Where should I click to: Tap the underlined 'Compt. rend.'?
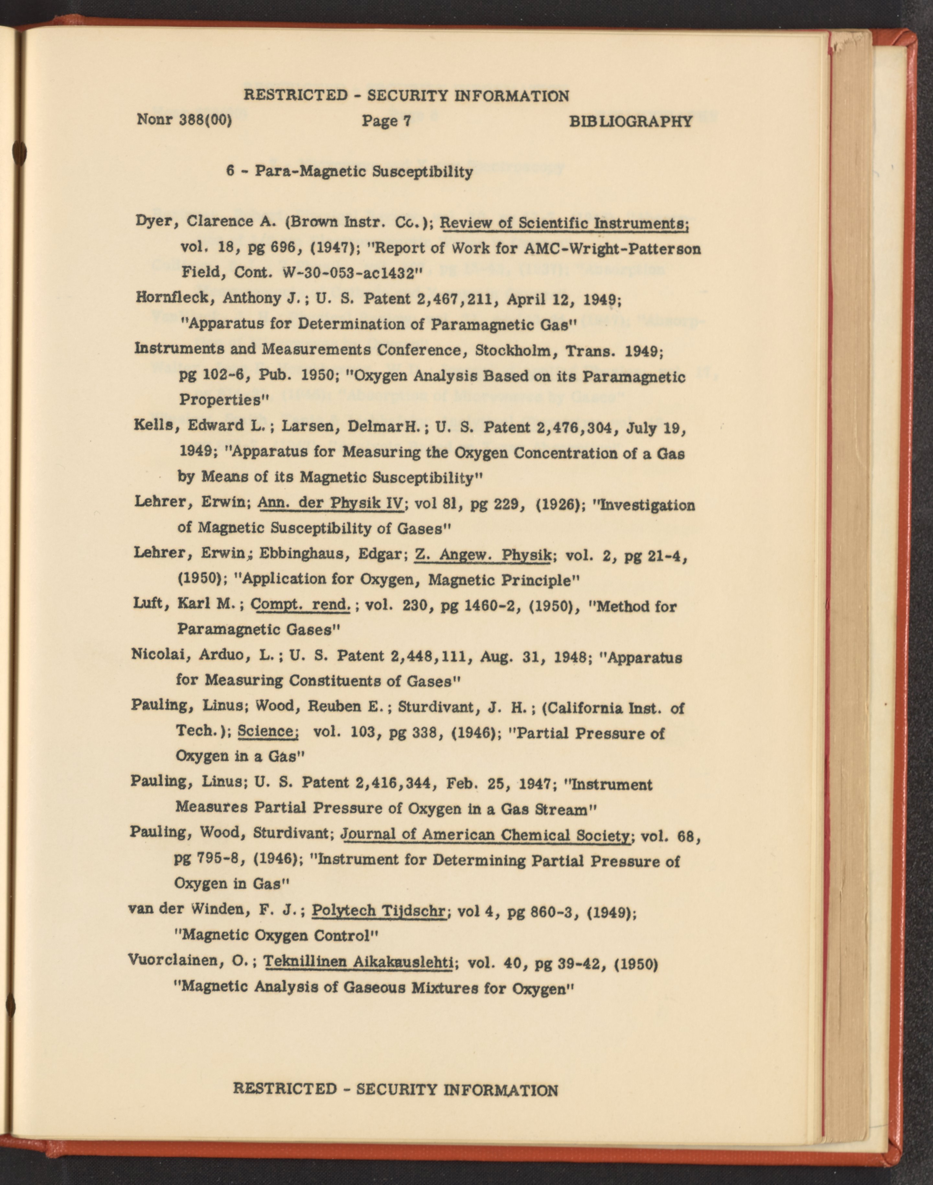pyautogui.click(x=300, y=605)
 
